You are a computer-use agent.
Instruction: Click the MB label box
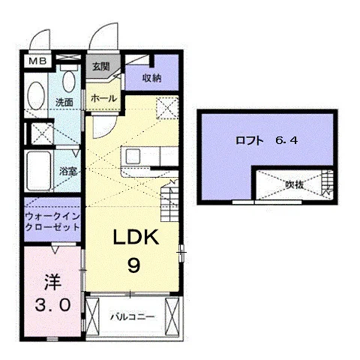click(37, 61)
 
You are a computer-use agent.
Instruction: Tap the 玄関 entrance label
click(101, 67)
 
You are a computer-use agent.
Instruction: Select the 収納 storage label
click(151, 79)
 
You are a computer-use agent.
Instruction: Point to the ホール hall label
click(103, 98)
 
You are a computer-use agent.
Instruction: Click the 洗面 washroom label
click(64, 103)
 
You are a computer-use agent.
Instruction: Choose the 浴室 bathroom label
click(67, 171)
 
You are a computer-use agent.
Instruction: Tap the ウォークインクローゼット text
click(52, 222)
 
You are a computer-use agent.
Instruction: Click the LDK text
click(136, 237)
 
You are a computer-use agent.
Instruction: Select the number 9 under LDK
click(133, 265)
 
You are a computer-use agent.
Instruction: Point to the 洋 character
click(53, 283)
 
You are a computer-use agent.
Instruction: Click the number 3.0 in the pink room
click(52, 305)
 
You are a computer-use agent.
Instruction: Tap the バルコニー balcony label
click(133, 317)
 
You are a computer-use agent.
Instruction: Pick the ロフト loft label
click(250, 140)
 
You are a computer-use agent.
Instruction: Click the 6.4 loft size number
click(286, 140)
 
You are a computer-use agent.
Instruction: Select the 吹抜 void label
click(295, 185)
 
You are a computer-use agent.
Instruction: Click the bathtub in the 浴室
click(39, 171)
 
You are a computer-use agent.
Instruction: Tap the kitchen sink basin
click(133, 157)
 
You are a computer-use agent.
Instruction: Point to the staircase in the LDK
click(169, 200)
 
